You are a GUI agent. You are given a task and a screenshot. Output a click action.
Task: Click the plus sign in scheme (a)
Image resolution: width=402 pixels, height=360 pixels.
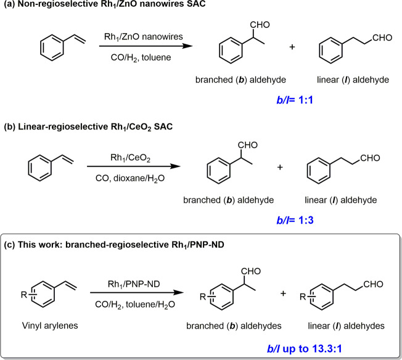tap(292, 47)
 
